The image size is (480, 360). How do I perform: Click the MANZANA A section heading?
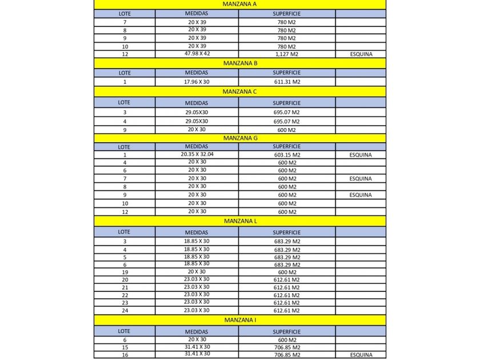(x=239, y=3)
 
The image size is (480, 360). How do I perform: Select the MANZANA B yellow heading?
(x=239, y=63)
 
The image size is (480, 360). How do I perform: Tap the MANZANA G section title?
(x=239, y=138)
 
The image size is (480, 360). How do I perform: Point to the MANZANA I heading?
(x=239, y=319)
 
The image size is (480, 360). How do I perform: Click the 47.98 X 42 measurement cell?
(x=197, y=54)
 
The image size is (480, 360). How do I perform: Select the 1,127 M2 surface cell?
(x=287, y=54)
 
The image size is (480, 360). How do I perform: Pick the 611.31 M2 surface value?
(x=287, y=82)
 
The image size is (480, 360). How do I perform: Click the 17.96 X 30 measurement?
(x=197, y=82)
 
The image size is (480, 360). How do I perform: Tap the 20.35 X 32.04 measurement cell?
(x=197, y=154)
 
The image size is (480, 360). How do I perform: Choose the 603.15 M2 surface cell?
(x=287, y=155)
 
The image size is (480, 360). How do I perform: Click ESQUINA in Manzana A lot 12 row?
(x=361, y=54)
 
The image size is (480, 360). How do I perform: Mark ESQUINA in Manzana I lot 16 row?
(x=361, y=354)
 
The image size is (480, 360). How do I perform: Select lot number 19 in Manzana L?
(x=125, y=272)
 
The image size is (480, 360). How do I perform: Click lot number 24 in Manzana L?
(x=125, y=310)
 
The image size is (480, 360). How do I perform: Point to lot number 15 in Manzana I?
(x=125, y=347)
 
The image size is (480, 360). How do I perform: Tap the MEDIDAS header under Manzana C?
(x=197, y=102)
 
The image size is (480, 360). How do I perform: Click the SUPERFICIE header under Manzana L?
(x=287, y=233)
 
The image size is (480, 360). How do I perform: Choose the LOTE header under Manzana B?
(x=125, y=73)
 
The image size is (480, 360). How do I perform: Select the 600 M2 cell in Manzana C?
(x=287, y=130)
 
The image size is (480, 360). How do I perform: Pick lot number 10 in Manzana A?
(x=125, y=46)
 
